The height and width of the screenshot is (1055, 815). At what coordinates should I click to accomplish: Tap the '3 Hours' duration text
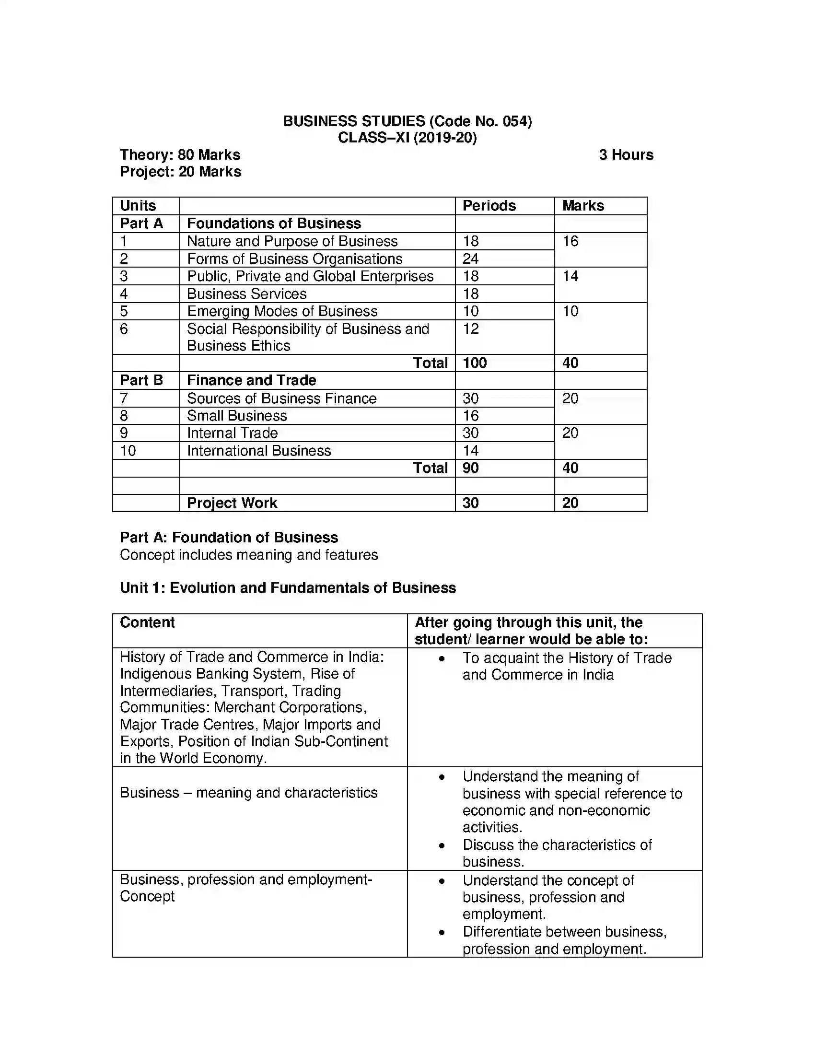(626, 155)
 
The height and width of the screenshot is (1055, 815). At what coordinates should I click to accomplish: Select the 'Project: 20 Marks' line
(180, 172)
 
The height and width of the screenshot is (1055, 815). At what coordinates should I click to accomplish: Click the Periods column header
(489, 206)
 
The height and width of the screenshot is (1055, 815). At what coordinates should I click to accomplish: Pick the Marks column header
(583, 206)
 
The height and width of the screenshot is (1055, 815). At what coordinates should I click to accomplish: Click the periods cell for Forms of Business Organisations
(470, 259)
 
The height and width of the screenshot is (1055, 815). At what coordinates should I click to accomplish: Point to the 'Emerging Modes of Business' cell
(282, 312)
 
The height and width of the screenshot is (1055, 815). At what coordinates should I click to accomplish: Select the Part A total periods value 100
(474, 363)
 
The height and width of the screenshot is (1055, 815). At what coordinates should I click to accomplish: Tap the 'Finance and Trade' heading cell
(251, 381)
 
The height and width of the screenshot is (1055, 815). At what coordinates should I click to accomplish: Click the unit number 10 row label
(128, 451)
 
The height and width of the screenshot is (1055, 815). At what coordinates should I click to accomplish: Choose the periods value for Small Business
(470, 416)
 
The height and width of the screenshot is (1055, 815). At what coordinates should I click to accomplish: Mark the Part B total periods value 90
(470, 468)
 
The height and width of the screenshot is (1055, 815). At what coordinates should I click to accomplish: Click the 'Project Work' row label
(232, 504)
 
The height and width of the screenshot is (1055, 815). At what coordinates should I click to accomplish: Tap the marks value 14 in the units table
(570, 276)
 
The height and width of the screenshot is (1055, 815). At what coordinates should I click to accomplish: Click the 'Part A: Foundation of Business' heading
(228, 538)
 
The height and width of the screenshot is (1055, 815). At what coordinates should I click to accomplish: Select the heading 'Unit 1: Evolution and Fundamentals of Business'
(287, 588)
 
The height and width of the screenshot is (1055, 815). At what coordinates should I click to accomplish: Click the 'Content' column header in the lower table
(147, 622)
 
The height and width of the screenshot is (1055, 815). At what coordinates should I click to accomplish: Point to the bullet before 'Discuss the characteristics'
(441, 846)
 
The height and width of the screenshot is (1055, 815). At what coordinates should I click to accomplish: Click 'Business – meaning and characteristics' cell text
(248, 793)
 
